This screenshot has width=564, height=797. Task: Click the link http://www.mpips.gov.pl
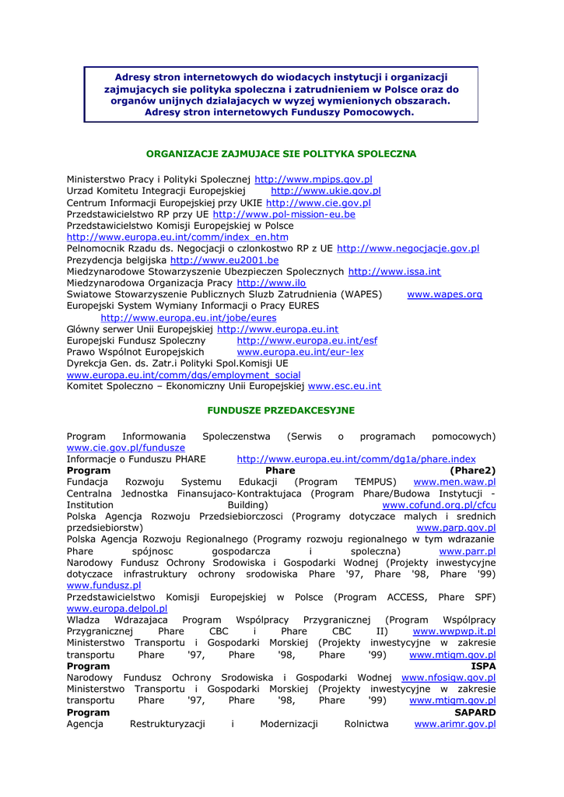(x=314, y=179)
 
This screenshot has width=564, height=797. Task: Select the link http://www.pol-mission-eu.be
(x=284, y=214)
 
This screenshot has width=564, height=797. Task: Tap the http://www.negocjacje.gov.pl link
(x=408, y=248)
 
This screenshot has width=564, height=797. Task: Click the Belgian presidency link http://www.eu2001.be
(x=224, y=260)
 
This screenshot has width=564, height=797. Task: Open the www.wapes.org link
(x=445, y=294)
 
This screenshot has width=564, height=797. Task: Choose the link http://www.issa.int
(x=394, y=272)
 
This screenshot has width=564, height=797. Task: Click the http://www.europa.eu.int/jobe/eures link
(x=188, y=318)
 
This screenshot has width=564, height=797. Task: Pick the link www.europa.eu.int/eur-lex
(x=300, y=352)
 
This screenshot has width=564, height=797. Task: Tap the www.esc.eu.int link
(x=345, y=386)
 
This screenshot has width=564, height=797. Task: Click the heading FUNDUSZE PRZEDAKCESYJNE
(x=281, y=410)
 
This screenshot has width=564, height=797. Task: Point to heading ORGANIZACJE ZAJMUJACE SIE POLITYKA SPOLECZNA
(x=281, y=154)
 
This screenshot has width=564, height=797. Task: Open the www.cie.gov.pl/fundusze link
(x=126, y=448)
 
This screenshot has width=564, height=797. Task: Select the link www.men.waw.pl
(x=454, y=483)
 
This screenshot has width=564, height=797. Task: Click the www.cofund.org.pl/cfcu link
(x=439, y=505)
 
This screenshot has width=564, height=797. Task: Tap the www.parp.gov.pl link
(x=457, y=528)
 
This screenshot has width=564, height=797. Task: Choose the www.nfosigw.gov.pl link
(x=448, y=678)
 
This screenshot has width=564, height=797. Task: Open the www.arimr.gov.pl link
(x=455, y=724)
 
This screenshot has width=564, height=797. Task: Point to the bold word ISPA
(x=483, y=666)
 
